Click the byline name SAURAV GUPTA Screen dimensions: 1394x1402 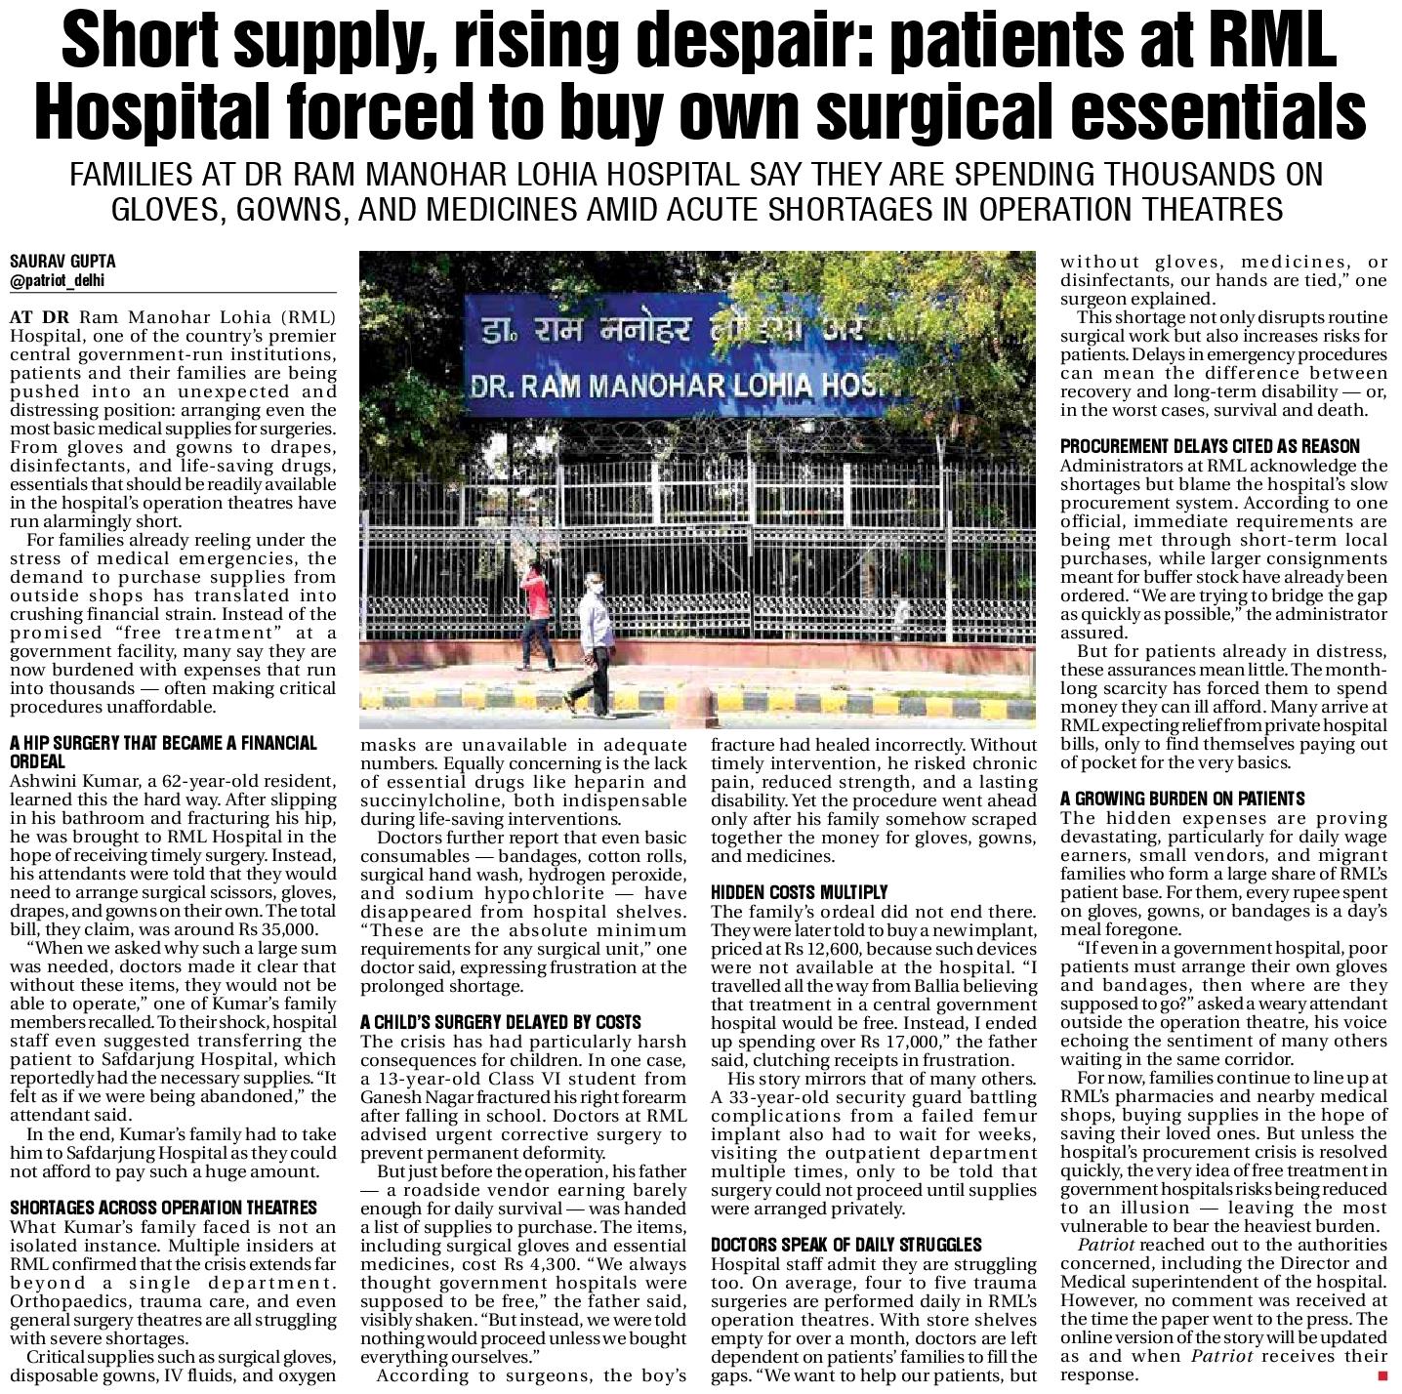[62, 262]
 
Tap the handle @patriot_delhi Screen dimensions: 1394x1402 [57, 281]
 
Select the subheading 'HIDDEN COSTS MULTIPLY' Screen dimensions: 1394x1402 [799, 892]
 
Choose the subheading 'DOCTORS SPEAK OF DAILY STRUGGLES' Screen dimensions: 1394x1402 [845, 1245]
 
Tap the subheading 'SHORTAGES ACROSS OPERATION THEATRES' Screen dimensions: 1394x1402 [164, 1208]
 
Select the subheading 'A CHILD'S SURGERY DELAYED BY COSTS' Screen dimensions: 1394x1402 [501, 1022]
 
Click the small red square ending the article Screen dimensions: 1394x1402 [1382, 1375]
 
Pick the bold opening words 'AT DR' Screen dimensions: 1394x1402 [41, 318]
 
